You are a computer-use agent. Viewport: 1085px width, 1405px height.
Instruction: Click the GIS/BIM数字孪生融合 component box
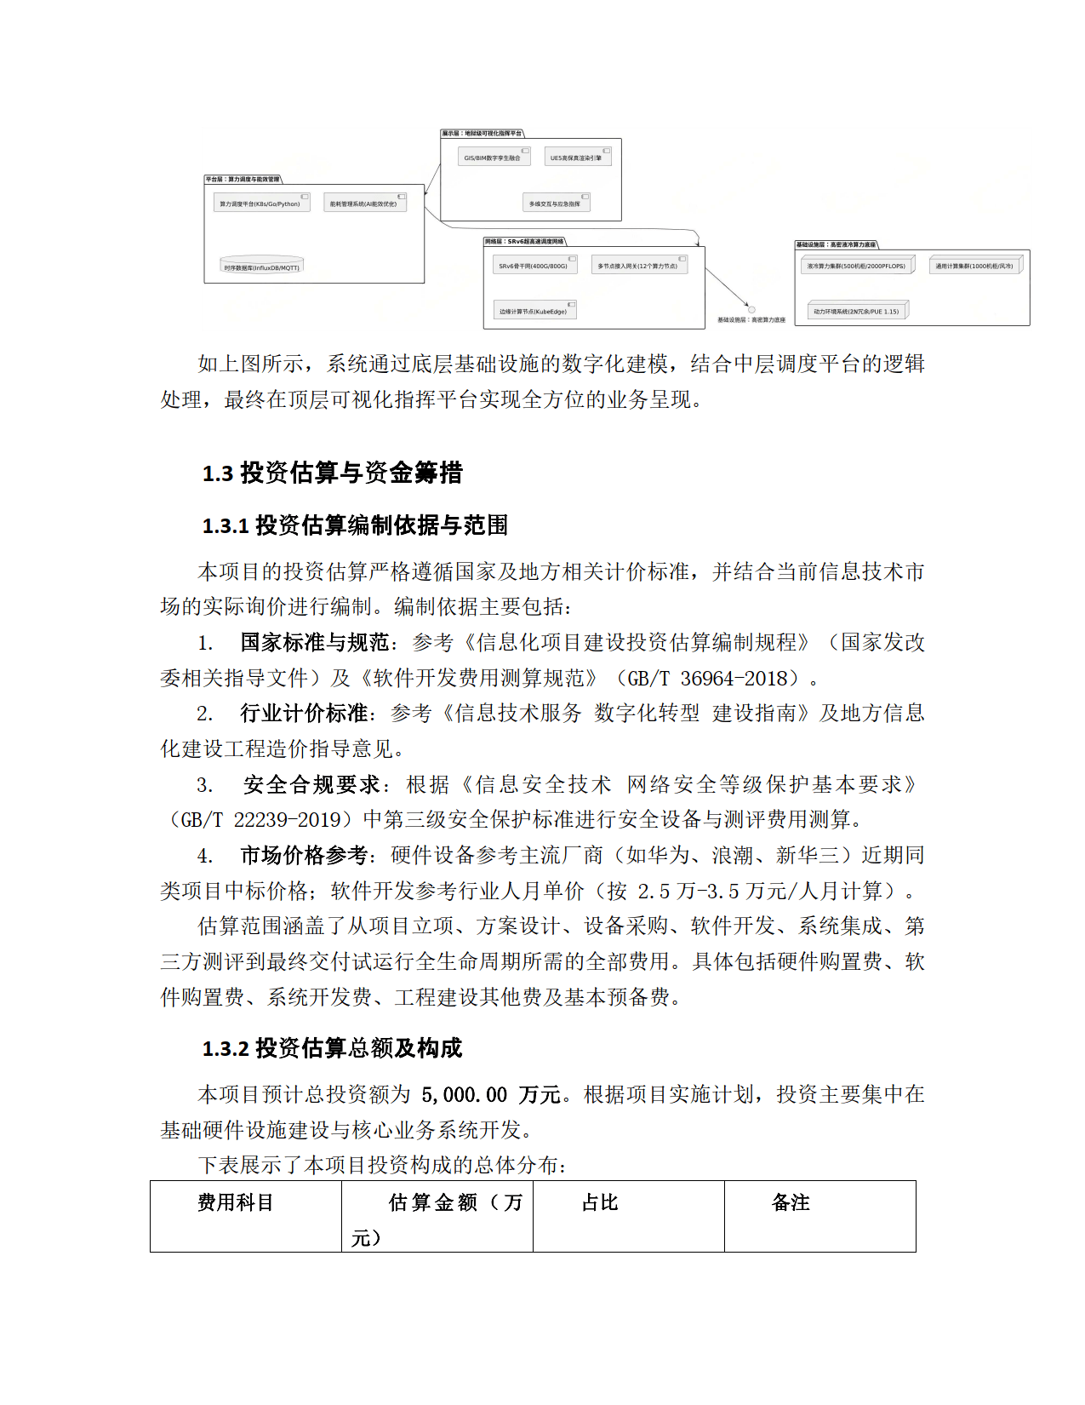(493, 158)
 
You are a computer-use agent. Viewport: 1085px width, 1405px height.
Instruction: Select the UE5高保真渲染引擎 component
(577, 158)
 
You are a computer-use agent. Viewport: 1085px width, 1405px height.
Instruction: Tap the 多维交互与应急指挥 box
(555, 204)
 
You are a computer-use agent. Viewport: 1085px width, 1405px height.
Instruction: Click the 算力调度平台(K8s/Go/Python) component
(260, 204)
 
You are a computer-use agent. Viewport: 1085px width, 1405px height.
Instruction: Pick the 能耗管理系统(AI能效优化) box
(363, 204)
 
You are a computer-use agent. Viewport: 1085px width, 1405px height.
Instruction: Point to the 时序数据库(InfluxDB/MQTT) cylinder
(261, 265)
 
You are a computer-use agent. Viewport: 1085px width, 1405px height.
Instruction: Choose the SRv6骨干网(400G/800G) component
(534, 266)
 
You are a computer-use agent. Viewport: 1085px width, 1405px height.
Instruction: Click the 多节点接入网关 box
(637, 266)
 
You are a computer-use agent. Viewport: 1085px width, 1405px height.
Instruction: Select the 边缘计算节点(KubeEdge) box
(534, 311)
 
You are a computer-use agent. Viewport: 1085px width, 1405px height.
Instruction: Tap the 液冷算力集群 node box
(856, 266)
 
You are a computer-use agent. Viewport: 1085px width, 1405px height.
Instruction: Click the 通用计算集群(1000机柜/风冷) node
(974, 266)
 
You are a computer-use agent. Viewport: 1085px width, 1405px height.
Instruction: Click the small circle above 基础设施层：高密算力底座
(751, 310)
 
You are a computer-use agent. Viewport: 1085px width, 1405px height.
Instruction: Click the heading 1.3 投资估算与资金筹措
(332, 473)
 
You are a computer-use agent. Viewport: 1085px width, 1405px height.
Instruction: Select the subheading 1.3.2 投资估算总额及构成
(332, 1048)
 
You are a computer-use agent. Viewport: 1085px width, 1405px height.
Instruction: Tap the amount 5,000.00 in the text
(464, 1094)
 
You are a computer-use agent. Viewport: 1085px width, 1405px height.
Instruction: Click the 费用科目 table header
(236, 1202)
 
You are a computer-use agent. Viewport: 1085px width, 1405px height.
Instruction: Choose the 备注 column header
(791, 1202)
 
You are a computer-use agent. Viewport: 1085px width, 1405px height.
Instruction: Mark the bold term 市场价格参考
(304, 855)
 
